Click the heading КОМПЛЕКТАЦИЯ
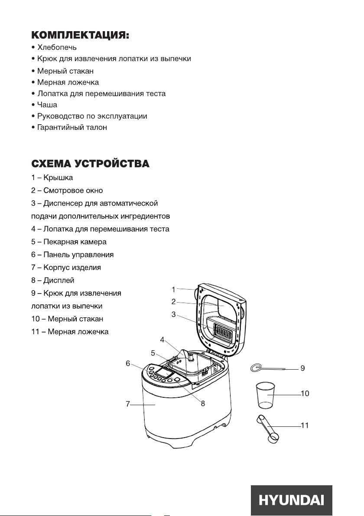coord(80,35)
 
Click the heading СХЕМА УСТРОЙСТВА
coord(90,164)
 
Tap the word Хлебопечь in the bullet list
coord(57,47)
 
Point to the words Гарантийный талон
coord(72,127)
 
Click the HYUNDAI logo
coord(291,500)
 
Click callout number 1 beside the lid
coord(174,289)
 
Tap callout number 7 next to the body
coord(128,403)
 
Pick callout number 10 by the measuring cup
coord(305,393)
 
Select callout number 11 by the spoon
coord(305,425)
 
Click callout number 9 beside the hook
coord(303,368)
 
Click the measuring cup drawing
coord(265,395)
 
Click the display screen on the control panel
coord(164,373)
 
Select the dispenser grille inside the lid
coord(221,329)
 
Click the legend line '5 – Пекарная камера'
coord(69,242)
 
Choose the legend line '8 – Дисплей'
coord(53,281)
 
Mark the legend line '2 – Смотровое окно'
coord(67,190)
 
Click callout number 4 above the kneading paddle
coord(162,340)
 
